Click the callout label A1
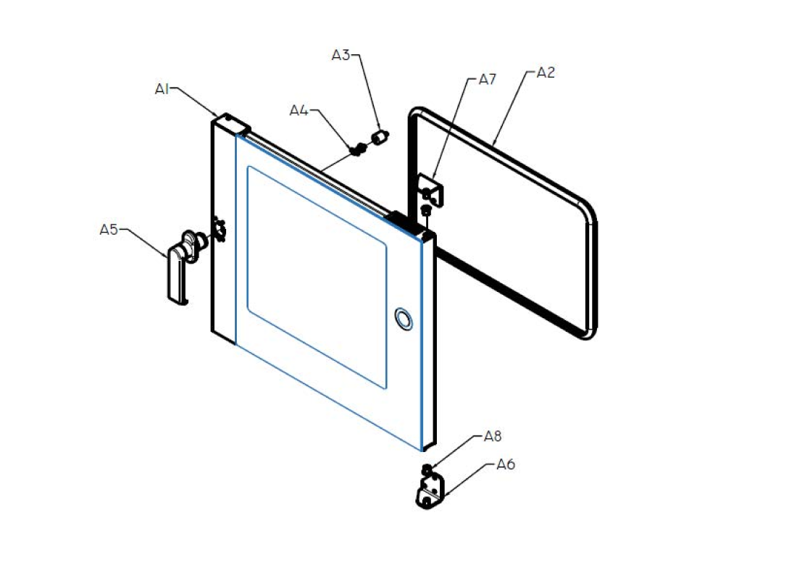click(x=162, y=89)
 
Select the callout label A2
click(x=546, y=72)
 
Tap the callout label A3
click(x=341, y=55)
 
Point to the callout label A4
click(x=299, y=110)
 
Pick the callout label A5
click(x=109, y=230)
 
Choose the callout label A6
click(x=506, y=464)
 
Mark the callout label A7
click(x=488, y=79)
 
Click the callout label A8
click(x=493, y=436)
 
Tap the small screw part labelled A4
click(x=357, y=149)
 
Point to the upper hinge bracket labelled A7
click(x=431, y=190)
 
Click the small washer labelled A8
click(x=427, y=469)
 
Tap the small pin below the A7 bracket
click(x=426, y=209)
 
